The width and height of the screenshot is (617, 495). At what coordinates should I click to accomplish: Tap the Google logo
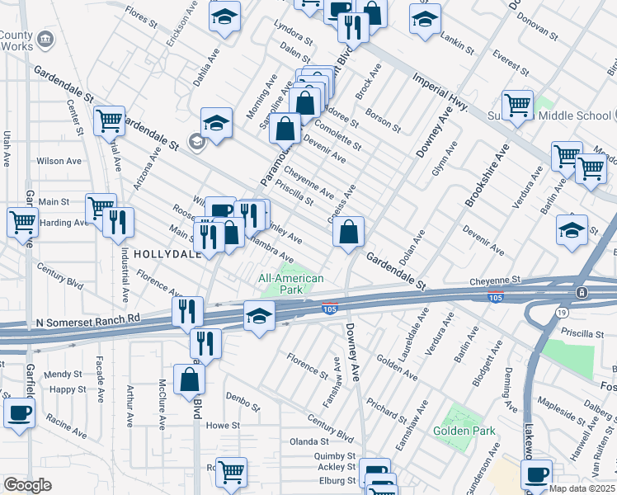[27, 485]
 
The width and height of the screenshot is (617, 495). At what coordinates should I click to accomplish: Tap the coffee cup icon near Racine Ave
[19, 412]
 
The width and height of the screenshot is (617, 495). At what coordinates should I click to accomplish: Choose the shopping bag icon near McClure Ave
[189, 379]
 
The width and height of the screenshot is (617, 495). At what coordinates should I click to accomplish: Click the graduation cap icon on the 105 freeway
[259, 316]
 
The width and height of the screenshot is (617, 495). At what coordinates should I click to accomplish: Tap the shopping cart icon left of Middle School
[517, 106]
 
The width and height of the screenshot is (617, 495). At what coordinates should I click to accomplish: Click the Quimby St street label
[334, 455]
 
